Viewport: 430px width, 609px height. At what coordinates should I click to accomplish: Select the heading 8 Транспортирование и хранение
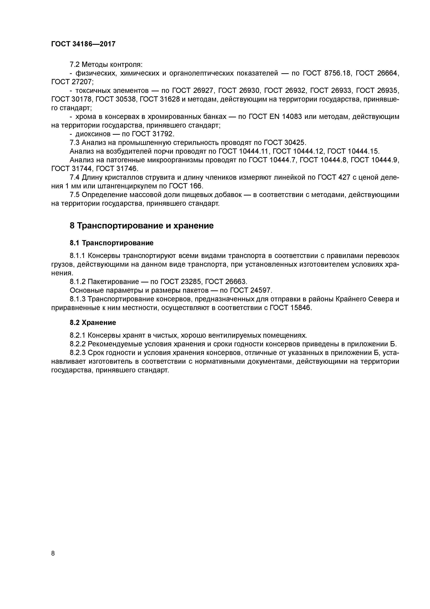(141, 226)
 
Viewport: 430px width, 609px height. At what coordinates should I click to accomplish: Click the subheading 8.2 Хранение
(93, 323)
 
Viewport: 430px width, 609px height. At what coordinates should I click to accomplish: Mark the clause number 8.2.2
(78, 344)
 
